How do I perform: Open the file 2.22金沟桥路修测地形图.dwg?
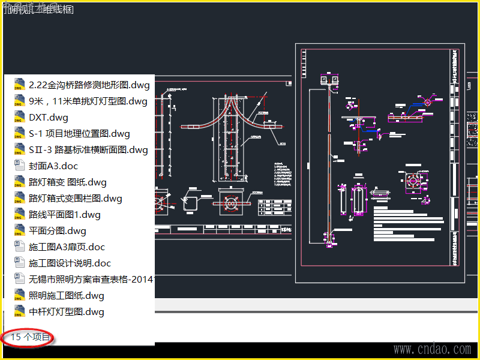pos(89,85)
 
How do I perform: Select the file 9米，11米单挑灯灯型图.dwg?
pos(88,101)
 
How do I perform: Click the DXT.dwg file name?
pos(49,118)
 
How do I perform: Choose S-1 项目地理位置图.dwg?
pos(79,134)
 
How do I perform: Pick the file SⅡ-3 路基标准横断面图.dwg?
pos(88,150)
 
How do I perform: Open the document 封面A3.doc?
pos(53,166)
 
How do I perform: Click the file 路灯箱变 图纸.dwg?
pos(68,182)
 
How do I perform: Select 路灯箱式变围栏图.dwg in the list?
pos(75,199)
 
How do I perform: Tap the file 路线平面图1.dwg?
pos(65,215)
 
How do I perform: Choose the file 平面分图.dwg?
pos(58,231)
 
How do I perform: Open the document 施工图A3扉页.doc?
pos(67,247)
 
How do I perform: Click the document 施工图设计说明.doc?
pos(70,263)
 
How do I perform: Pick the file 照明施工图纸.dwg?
pos(66,296)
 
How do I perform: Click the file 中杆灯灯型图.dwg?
pos(66,312)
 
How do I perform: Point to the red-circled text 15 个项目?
pos(30,337)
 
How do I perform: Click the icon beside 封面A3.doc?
pos(19,166)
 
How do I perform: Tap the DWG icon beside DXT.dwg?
pos(19,118)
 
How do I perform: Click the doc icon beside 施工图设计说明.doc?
pos(19,263)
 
